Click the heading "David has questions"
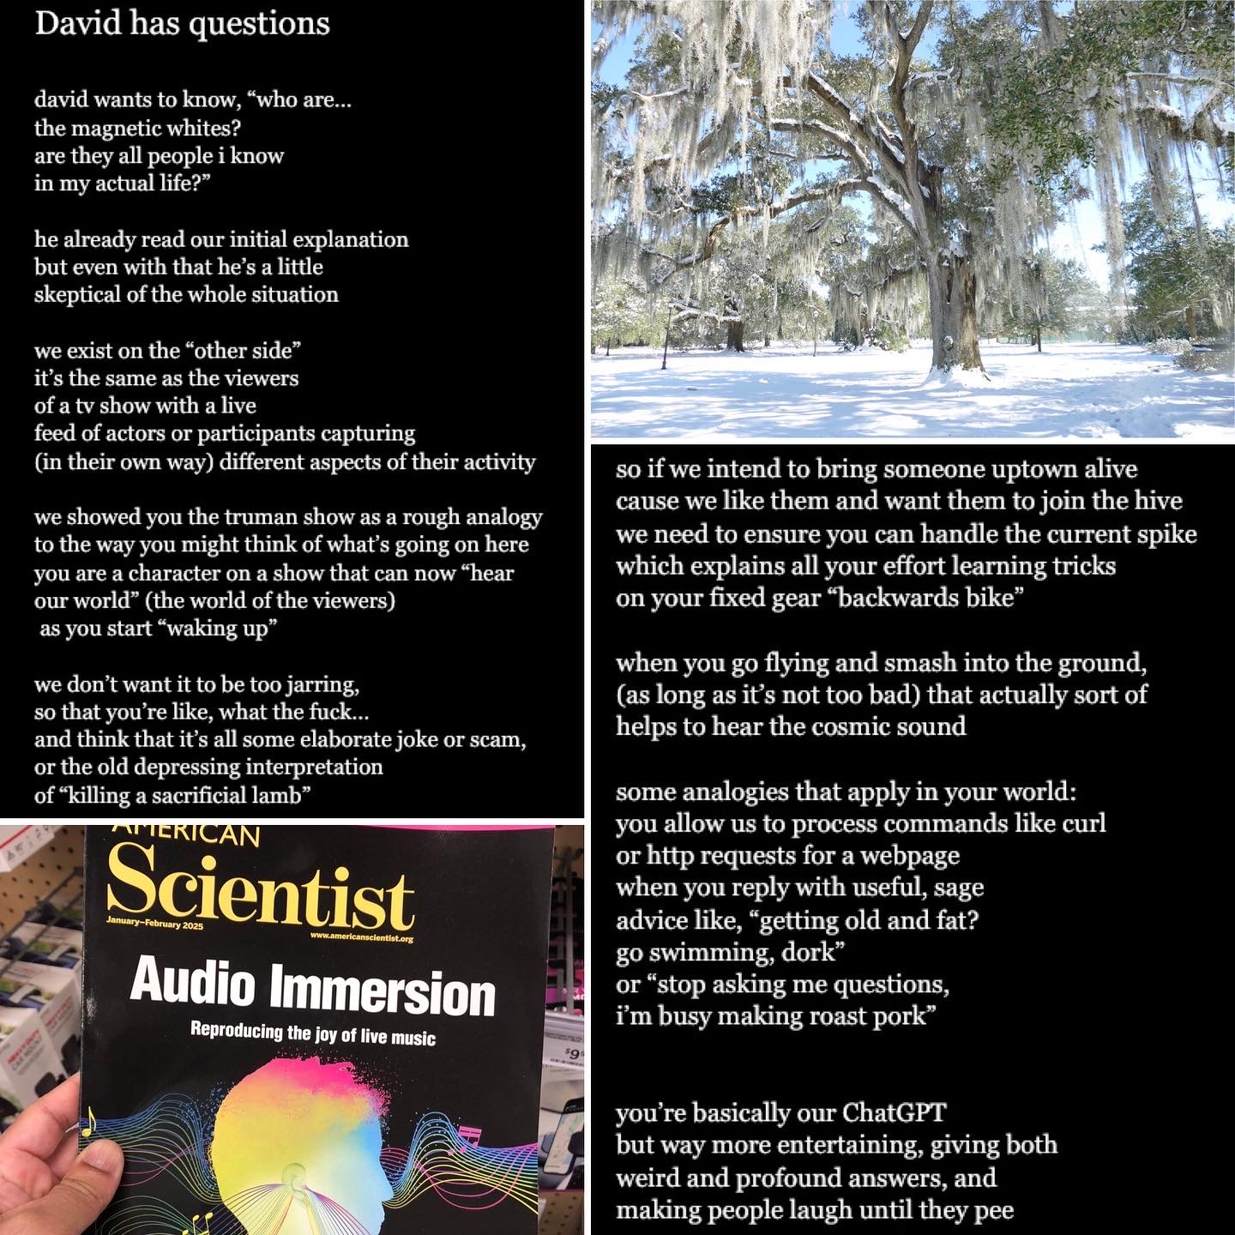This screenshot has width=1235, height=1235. tap(182, 23)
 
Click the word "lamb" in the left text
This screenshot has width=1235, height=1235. tap(276, 796)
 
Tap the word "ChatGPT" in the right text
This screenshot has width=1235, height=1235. tap(894, 1113)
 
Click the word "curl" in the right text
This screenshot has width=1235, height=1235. tap(1083, 824)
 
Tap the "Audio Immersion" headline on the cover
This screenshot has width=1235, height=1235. tap(313, 988)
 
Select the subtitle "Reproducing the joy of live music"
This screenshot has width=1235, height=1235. tap(313, 1034)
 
